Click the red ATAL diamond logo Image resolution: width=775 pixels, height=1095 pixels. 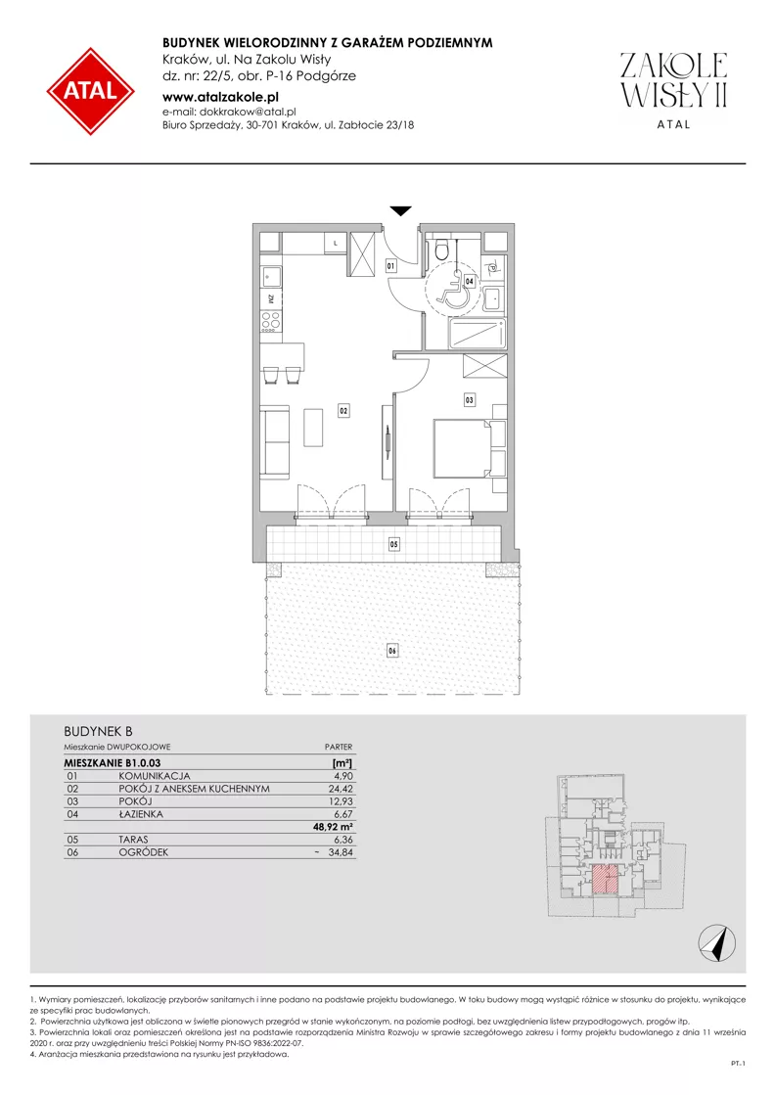pos(91,91)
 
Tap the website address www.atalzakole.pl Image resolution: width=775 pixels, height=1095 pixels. pos(220,98)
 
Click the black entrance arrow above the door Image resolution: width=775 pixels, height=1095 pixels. pos(401,211)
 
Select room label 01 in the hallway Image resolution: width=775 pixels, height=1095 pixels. pos(391,266)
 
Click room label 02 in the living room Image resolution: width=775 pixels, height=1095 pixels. pos(343,411)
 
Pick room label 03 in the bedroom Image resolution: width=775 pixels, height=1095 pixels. pos(469,400)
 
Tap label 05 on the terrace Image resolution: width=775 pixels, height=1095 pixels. pos(394,544)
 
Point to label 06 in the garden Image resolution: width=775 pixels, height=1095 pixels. pos(392,651)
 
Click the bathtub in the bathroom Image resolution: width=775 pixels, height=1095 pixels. pos(479,334)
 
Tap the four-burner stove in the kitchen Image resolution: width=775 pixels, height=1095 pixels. pos(270,322)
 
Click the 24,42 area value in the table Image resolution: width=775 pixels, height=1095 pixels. pos(340,789)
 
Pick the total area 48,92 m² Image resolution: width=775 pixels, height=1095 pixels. pos(334,827)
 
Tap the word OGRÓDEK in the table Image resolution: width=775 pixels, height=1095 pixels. pos(143,852)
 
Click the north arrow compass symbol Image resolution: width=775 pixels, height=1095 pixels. pos(717,942)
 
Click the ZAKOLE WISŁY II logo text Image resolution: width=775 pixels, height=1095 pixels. pos(674,80)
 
